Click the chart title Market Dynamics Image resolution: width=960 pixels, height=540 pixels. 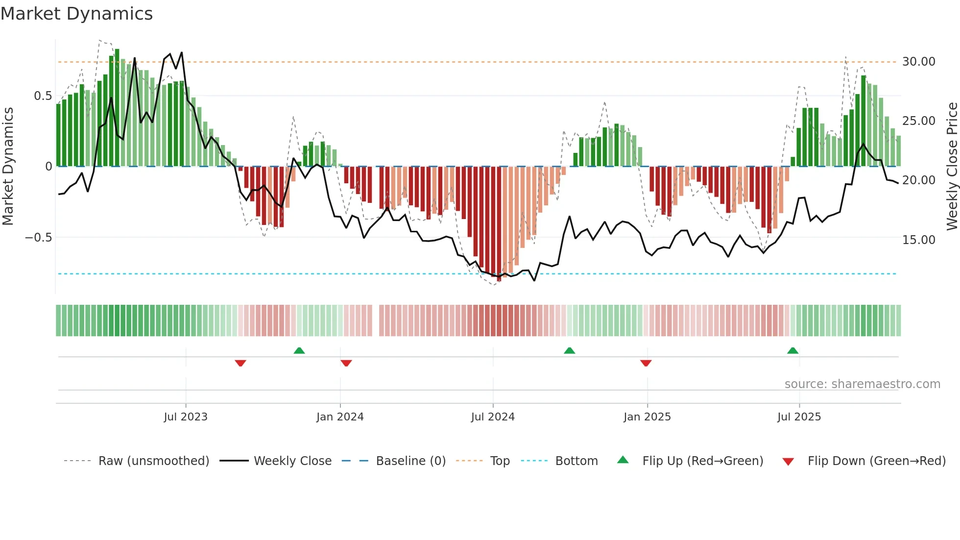pyautogui.click(x=77, y=14)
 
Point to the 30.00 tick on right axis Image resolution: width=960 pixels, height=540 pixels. pyautogui.click(x=918, y=62)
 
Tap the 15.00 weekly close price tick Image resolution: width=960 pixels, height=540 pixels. pyautogui.click(x=918, y=240)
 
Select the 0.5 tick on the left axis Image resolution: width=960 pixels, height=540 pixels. pyautogui.click(x=43, y=96)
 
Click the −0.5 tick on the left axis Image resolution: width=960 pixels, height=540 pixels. pyautogui.click(x=38, y=238)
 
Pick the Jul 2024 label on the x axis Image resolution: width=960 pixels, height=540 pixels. pyautogui.click(x=493, y=417)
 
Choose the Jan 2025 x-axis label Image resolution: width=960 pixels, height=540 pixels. pyautogui.click(x=647, y=417)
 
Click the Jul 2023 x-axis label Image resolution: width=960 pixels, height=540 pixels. pyautogui.click(x=186, y=417)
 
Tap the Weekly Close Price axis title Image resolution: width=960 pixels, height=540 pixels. pyautogui.click(x=952, y=167)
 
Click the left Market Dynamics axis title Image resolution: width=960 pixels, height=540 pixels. pyautogui.click(x=8, y=167)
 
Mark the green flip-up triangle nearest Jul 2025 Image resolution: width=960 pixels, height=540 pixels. pyautogui.click(x=792, y=351)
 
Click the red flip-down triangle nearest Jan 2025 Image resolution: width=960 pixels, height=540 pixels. pyautogui.click(x=646, y=363)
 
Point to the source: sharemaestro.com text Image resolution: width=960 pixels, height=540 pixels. pyautogui.click(x=862, y=384)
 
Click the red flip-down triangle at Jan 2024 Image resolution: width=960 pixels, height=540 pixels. pyautogui.click(x=346, y=363)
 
